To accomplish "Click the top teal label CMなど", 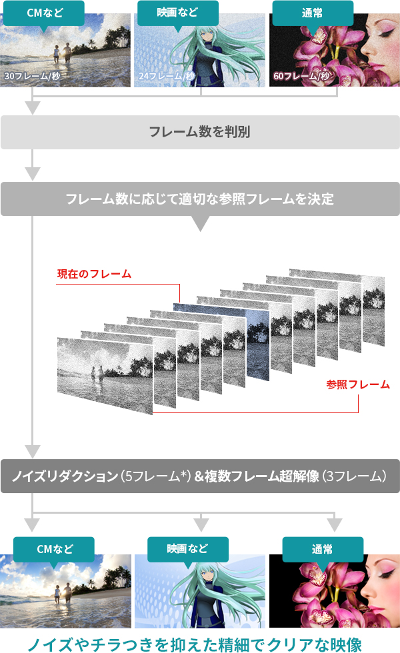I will (44, 13).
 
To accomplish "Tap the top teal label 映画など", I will (178, 13).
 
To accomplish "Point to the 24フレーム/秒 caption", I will (166, 77).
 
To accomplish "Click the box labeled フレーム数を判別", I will (200, 132).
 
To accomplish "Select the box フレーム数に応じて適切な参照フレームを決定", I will (200, 199).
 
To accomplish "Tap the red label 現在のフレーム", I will (94, 274).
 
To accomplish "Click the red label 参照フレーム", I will (358, 384).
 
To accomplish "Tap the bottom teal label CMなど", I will (54, 549).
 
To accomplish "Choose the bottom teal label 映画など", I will (187, 549).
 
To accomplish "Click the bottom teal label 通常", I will (323, 549).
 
